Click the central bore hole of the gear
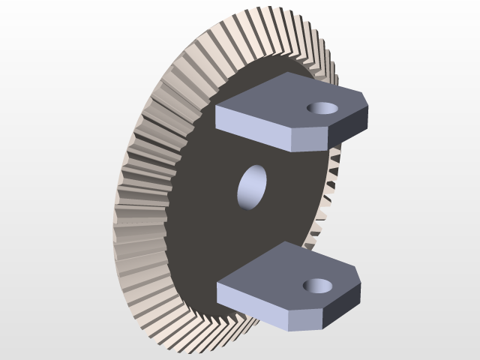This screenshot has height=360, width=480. (252, 187)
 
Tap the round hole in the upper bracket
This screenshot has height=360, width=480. (322, 107)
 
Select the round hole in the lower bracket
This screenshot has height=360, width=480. (318, 285)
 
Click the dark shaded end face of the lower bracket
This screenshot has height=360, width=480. (343, 304)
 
